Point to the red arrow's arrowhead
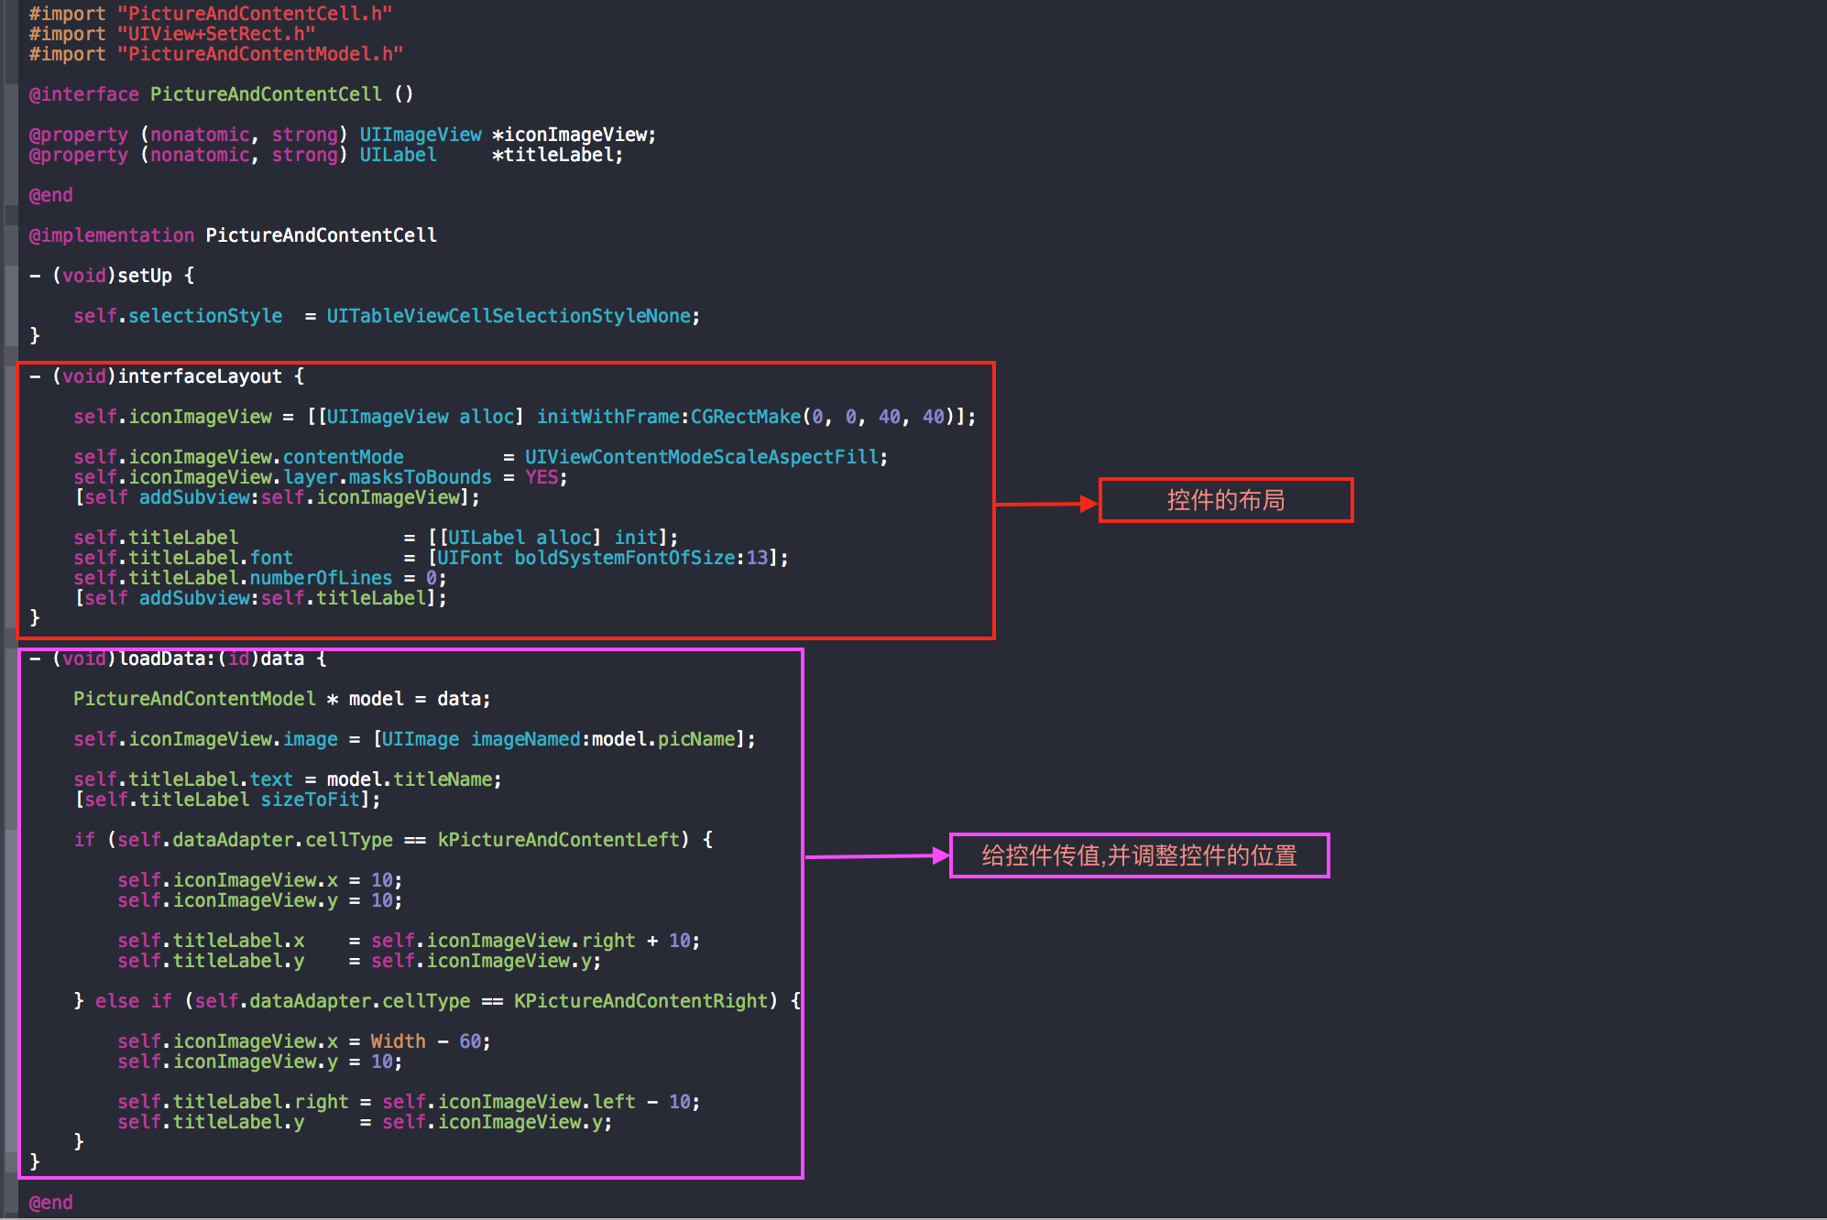(1089, 503)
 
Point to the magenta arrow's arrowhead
(941, 855)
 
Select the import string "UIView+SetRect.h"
(216, 34)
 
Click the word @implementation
(112, 235)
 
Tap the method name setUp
(145, 276)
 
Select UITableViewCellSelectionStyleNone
(509, 316)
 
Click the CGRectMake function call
(746, 417)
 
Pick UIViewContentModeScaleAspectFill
(702, 457)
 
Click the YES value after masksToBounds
(542, 477)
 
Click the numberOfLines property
(321, 578)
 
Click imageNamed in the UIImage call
(526, 739)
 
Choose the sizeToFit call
(311, 800)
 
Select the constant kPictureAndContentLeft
(559, 840)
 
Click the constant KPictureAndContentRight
(640, 1001)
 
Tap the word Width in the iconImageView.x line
(398, 1041)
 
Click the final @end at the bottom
(51, 1203)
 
